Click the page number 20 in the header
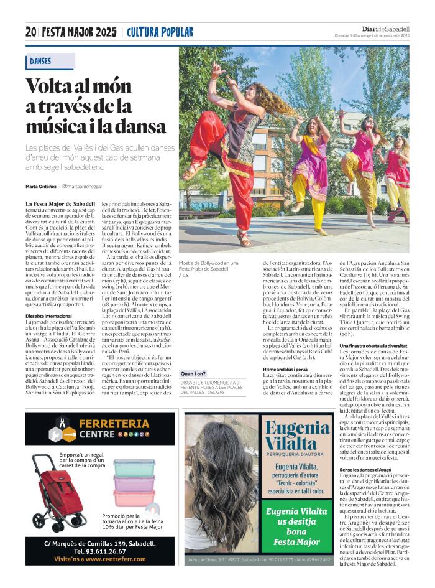click(x=31, y=32)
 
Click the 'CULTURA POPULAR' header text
click(x=160, y=32)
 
